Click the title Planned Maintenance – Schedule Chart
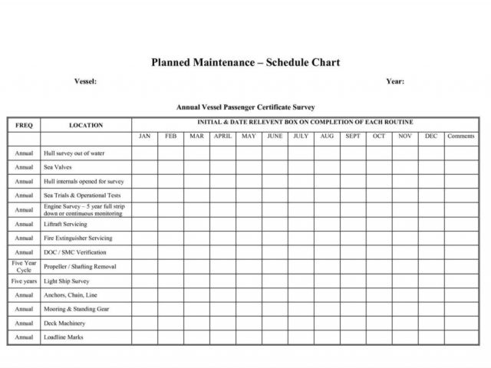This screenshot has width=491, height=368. coord(245,63)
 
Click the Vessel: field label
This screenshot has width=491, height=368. coord(85,81)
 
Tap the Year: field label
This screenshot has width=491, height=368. coord(395,81)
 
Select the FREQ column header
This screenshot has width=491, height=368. coord(24,125)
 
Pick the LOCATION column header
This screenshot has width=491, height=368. coord(85,125)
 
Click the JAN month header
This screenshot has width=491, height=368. coord(144,136)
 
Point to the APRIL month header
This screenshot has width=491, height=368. coord(222,136)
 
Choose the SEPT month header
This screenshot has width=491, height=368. coord(353,136)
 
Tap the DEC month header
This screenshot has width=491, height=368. coord(431,136)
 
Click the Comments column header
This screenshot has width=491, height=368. coord(461,136)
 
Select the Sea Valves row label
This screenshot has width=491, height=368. coord(58,167)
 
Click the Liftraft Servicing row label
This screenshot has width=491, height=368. coord(65,224)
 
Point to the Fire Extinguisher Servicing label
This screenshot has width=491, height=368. coord(77,238)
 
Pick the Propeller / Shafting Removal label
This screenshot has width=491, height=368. coord(80,267)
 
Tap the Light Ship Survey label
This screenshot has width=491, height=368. coord(67,281)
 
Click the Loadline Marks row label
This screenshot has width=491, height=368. coord(64,337)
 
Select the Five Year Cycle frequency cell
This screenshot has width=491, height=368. coord(24,267)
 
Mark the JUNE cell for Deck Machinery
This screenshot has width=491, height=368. coord(275,323)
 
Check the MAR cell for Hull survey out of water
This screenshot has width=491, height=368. coord(196,153)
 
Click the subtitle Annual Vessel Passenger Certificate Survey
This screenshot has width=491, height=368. coord(245,107)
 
